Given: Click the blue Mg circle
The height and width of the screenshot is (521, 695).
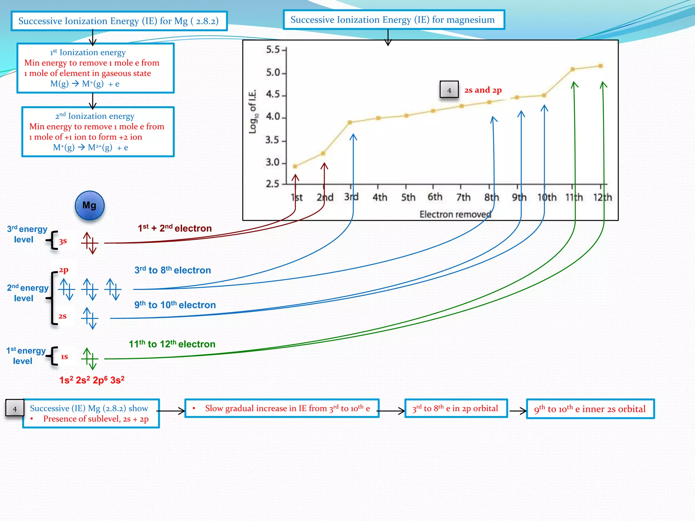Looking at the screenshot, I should tap(89, 206).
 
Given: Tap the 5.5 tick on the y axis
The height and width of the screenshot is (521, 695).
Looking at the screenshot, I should tap(274, 50).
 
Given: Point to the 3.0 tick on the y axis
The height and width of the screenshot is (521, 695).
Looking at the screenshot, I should tap(274, 162).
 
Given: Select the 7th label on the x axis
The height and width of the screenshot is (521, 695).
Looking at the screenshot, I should tap(463, 197).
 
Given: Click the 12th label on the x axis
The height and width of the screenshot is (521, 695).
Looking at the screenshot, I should tap(602, 197).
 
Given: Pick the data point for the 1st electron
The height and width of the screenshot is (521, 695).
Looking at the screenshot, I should tap(295, 166).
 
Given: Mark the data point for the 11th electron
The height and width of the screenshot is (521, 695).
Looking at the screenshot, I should tap(573, 69).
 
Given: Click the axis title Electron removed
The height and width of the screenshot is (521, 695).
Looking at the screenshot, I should tap(455, 214).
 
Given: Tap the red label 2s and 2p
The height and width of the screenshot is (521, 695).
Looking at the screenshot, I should tap(483, 90).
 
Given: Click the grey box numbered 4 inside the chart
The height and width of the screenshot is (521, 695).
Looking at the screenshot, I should tap(449, 90).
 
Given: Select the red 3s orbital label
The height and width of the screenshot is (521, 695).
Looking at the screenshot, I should tap(63, 241).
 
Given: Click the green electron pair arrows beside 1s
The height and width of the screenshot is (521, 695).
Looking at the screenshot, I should tap(90, 359).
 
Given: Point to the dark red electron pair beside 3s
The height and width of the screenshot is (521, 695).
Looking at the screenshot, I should tap(90, 243).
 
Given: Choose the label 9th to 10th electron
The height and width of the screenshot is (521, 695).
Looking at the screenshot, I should tap(175, 305).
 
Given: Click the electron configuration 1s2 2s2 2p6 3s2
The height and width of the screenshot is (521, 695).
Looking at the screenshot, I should tap(92, 380).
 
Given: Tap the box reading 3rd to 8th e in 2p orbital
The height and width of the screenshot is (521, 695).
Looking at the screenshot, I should tap(456, 408).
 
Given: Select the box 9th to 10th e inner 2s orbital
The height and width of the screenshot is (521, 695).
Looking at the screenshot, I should tap(590, 409).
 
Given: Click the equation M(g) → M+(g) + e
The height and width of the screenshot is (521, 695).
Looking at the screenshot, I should tap(85, 84).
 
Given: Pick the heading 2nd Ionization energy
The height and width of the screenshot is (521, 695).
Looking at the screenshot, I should tap(95, 116).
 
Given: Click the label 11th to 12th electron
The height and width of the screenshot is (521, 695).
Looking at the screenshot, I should tap(172, 344).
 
